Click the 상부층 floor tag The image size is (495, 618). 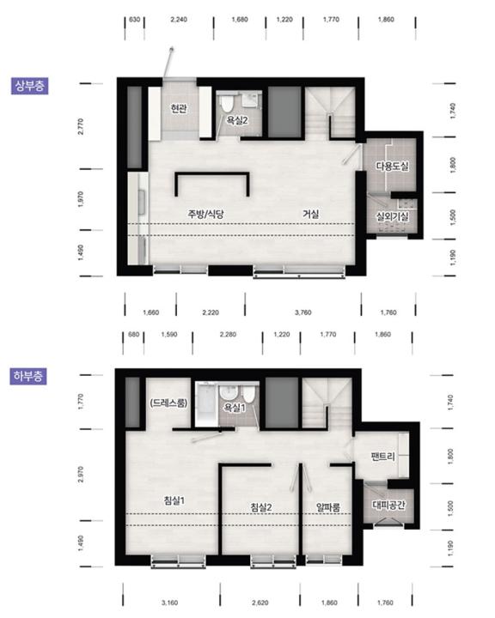tap(29, 86)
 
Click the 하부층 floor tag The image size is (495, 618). tap(28, 376)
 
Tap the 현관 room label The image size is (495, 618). tap(179, 108)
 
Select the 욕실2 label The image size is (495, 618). tap(237, 120)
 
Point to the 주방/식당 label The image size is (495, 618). tap(205, 214)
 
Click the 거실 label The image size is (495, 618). tap(310, 214)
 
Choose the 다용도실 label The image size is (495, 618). tap(392, 167)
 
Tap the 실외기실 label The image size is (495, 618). tap(392, 216)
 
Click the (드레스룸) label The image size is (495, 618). tap(168, 403)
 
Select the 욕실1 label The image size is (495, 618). tap(235, 408)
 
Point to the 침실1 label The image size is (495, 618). tap(174, 500)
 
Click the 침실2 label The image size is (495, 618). tap(261, 507)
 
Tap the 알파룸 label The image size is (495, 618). tap(328, 507)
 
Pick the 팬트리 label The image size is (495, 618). tap(382, 457)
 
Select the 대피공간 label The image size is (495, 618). tap(388, 505)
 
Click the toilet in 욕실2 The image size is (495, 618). tap(227, 103)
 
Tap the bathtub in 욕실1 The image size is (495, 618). tap(206, 405)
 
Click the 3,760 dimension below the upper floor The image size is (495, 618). tap(302, 312)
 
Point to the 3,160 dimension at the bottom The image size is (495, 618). tap(170, 603)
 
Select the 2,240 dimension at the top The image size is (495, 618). tap(179, 19)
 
